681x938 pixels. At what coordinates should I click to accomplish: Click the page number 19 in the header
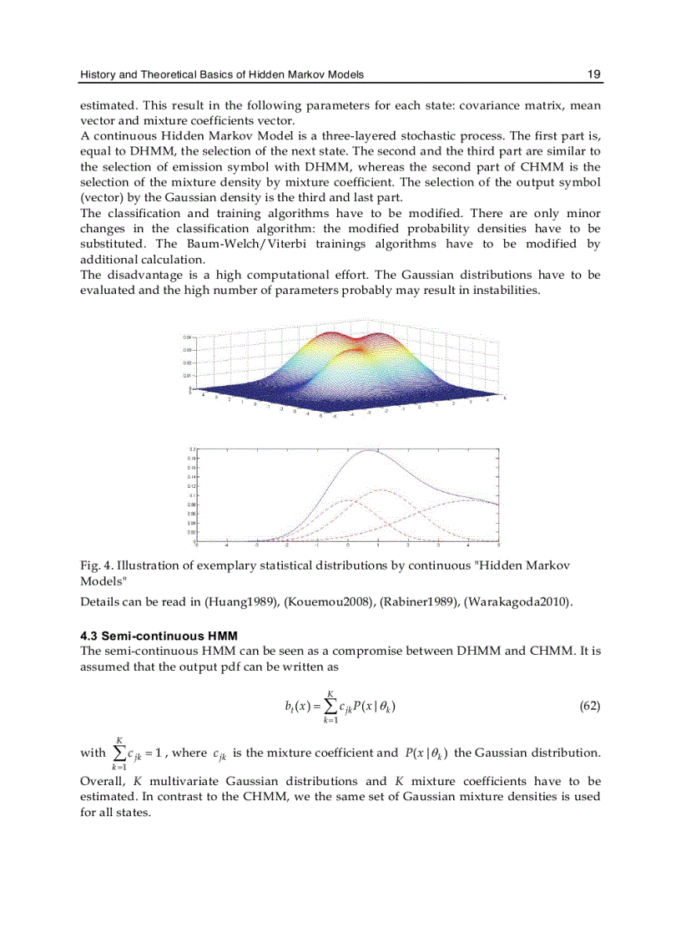[593, 74]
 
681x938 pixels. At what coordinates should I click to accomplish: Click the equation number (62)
[589, 707]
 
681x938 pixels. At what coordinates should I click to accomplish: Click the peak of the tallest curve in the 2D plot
[367, 451]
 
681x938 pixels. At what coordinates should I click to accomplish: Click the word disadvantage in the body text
[140, 275]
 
